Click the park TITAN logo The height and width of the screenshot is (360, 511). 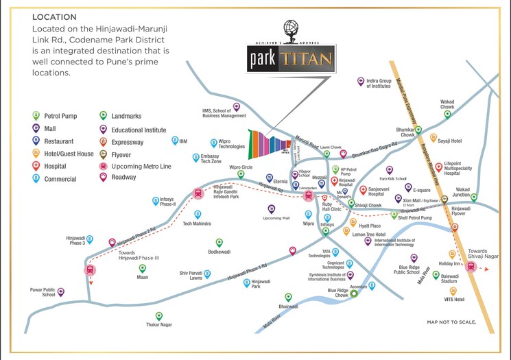pyautogui.click(x=290, y=56)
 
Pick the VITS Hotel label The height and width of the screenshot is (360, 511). pyautogui.click(x=454, y=299)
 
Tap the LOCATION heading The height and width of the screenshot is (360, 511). pyautogui.click(x=54, y=16)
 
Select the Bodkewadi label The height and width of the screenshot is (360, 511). pyautogui.click(x=219, y=252)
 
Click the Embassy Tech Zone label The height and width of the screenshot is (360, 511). pyautogui.click(x=206, y=158)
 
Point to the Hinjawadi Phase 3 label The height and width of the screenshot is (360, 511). pyautogui.click(x=75, y=240)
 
